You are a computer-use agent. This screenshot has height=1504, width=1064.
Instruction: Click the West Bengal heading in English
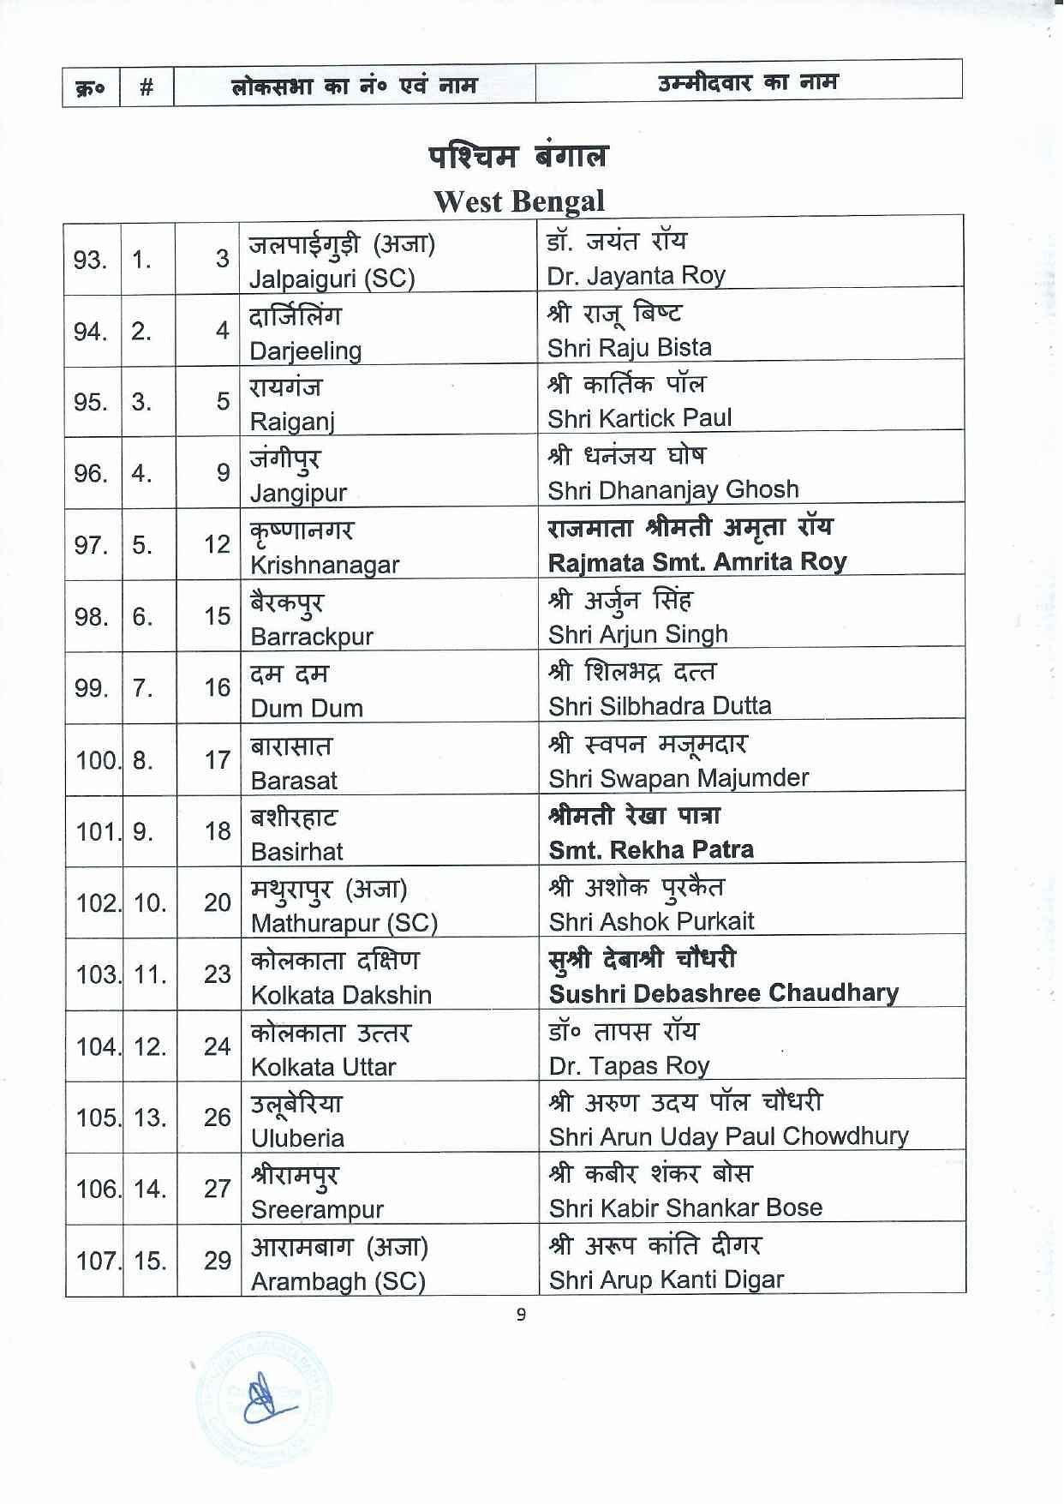(519, 201)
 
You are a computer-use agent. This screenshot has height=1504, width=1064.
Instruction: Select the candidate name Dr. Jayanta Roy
(636, 276)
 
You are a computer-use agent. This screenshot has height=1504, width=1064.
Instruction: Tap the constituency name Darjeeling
(305, 351)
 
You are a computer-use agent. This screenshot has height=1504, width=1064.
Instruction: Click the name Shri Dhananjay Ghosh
(673, 490)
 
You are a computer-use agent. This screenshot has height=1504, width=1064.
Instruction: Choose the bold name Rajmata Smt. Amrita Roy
(697, 562)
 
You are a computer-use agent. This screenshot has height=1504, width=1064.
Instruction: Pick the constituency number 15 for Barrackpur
(217, 616)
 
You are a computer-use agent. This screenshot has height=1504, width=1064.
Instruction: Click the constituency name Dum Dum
(307, 708)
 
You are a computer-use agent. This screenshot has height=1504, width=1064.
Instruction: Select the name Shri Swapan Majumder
(678, 778)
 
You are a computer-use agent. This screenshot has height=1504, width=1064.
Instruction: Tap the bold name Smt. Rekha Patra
(651, 850)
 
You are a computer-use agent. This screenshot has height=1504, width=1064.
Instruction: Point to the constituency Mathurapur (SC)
(344, 923)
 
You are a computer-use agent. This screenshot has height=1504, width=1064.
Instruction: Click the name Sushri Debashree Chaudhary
(723, 993)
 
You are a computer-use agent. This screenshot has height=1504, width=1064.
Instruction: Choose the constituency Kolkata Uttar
(323, 1067)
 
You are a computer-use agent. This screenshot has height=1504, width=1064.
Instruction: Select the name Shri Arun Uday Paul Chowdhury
(728, 1136)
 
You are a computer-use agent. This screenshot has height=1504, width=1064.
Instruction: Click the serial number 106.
(96, 1189)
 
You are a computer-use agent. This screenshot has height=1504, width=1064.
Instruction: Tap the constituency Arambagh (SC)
(338, 1281)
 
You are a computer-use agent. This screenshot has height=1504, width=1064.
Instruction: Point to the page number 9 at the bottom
(521, 1315)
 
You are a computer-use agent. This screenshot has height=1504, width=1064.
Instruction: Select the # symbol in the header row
(146, 87)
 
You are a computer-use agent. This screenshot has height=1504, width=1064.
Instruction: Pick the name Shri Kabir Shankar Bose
(685, 1208)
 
